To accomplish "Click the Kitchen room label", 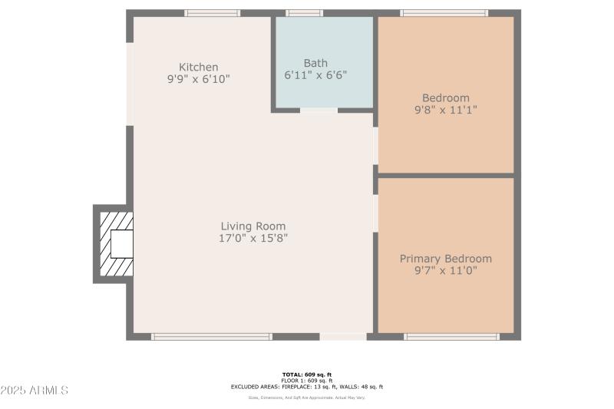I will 199,67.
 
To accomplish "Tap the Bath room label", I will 315,63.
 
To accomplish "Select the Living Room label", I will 253,226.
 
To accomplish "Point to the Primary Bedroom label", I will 446,259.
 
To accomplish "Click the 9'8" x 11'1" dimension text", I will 446,110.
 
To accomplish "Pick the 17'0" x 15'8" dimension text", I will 253,239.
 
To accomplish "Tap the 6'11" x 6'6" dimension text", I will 315,75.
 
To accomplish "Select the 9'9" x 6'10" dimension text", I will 199,78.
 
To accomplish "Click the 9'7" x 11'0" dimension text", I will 446,270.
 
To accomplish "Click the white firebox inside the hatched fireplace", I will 122,244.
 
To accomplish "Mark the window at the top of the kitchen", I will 213,13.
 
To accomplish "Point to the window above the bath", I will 305,13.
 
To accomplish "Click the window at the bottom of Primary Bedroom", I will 452,336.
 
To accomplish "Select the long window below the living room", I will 212,336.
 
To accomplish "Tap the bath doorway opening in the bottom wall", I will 319,110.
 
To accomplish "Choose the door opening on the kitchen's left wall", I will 130,84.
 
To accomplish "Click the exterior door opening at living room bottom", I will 343,336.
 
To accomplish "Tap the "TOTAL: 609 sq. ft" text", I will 307,374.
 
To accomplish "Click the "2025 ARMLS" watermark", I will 35,391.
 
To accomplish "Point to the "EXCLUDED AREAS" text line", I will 307,387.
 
